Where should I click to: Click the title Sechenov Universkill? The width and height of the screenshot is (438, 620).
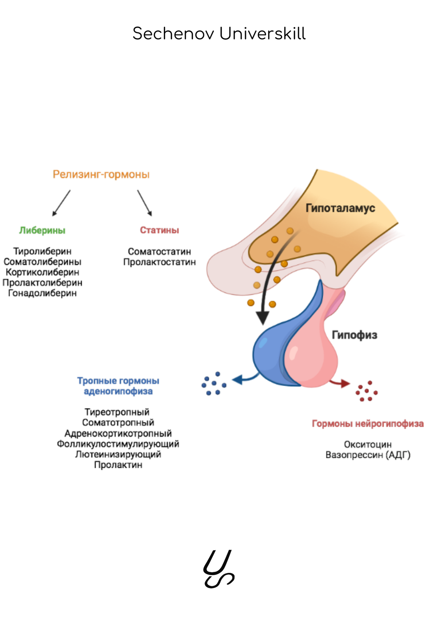[219, 34]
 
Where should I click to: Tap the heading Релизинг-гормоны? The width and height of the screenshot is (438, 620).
[101, 175]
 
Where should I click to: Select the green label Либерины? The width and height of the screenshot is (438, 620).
[42, 231]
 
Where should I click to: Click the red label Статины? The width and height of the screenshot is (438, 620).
[160, 230]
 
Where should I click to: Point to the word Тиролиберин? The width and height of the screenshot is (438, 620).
[42, 251]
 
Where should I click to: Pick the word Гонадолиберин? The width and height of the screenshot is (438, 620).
[42, 293]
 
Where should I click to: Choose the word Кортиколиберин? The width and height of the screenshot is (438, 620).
[42, 272]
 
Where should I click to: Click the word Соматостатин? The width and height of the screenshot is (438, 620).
[160, 251]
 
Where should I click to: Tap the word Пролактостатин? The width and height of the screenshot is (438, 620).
[160, 262]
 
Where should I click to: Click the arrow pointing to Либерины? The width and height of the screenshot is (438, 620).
[61, 203]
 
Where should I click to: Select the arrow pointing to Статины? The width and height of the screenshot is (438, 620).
[145, 203]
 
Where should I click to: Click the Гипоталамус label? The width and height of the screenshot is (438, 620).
[340, 208]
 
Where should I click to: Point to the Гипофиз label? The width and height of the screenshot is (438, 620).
[354, 335]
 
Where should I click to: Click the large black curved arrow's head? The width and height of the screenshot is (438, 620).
[262, 318]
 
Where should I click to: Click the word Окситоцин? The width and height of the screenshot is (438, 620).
[368, 445]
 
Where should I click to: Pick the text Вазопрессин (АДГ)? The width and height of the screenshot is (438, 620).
[368, 455]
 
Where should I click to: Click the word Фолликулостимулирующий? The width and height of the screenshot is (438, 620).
[118, 444]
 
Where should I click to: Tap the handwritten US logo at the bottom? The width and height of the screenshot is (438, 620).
[219, 569]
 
